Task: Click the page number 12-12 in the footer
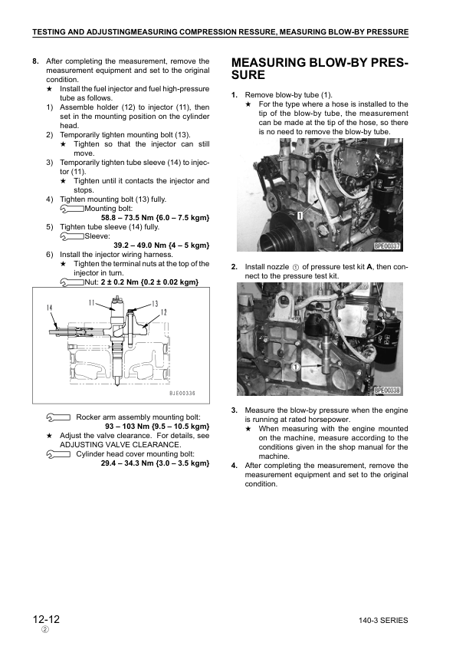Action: click(47, 618)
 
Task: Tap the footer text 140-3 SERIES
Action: click(382, 620)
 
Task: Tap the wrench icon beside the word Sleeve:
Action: click(71, 236)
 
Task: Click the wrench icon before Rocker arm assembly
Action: click(59, 417)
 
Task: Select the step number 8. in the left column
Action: click(36, 61)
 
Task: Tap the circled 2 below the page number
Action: click(44, 630)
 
